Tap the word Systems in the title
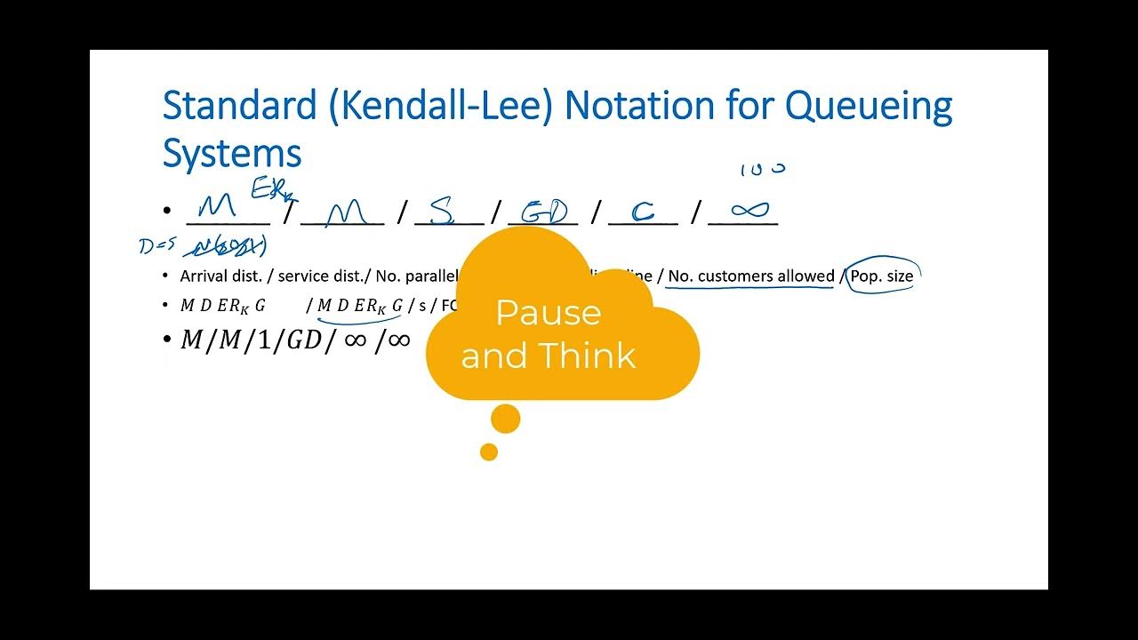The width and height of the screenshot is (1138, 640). (232, 154)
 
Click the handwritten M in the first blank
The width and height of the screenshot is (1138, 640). (218, 209)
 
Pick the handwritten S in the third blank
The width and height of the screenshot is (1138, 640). (442, 211)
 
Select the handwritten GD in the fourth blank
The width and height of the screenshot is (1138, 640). (544, 212)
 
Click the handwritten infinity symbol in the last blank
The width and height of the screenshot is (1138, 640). (749, 210)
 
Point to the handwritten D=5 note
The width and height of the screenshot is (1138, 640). (157, 246)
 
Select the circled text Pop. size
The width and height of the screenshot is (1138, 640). (881, 276)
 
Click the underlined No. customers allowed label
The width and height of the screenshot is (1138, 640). (750, 276)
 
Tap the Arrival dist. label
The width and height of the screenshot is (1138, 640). (220, 276)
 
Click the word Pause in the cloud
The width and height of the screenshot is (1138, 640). (548, 313)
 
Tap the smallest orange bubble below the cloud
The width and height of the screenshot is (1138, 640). (488, 452)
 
